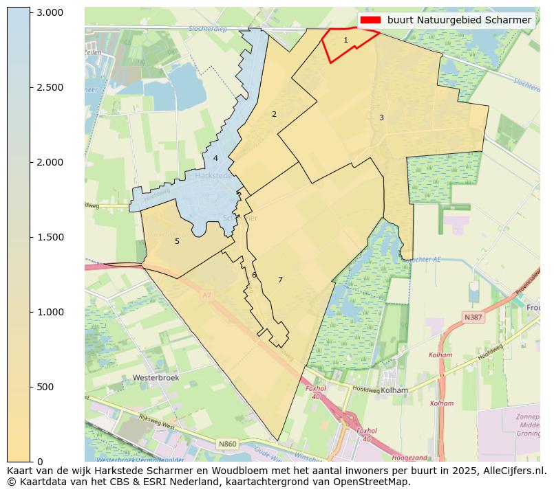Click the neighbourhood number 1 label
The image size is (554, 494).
345,41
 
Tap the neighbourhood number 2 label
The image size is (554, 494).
274,115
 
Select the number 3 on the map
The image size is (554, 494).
381,118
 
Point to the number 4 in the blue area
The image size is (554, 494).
215,159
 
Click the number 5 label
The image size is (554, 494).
177,242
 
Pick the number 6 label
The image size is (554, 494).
254,276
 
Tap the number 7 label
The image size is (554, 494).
280,280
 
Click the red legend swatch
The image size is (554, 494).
370,21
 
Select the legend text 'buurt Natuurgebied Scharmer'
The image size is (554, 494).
459,21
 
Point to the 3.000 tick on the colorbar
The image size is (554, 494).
49,13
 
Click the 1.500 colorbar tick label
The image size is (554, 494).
49,238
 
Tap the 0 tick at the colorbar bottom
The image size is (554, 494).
40,462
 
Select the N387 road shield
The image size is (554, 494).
473,317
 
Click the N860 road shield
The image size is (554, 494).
227,445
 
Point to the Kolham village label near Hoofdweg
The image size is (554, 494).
394,390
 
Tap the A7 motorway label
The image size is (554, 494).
206,296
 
